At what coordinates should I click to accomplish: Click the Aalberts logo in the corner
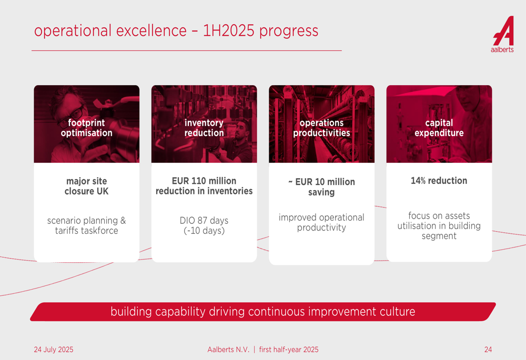tap(503, 34)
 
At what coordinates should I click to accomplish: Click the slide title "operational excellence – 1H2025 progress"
tap(176, 30)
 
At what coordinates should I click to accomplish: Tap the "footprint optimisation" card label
tap(87, 128)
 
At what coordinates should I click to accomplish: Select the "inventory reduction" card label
tap(204, 128)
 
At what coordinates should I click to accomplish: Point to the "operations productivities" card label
tap(321, 128)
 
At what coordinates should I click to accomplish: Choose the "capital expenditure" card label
tap(439, 128)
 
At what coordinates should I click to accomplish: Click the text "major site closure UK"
tap(87, 186)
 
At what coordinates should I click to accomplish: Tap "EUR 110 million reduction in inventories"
tap(204, 186)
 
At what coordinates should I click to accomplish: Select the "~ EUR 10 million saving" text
tap(321, 187)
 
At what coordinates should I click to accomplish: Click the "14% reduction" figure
tap(439, 181)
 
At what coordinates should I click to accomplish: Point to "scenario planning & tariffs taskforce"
tap(87, 225)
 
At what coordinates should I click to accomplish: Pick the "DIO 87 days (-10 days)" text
tap(204, 225)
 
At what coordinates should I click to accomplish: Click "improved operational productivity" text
tap(321, 222)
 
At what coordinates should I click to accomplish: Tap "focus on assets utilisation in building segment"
tap(439, 225)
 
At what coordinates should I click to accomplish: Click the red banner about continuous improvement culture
tap(263, 312)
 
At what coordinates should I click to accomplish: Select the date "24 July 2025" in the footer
tap(53, 349)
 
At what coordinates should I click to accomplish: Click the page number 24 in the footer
tap(488, 349)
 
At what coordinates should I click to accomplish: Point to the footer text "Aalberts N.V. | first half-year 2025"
tap(263, 349)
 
